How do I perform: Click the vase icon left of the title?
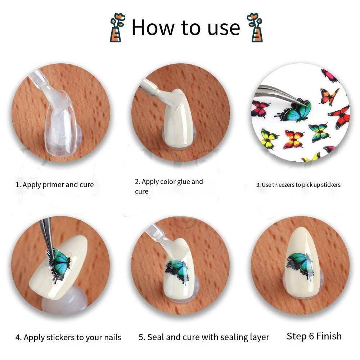117,28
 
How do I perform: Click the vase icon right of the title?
255,28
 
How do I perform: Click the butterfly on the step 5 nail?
177,271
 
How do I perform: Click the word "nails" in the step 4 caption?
112,338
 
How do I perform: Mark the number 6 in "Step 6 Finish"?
311,336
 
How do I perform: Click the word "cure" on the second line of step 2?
141,192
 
